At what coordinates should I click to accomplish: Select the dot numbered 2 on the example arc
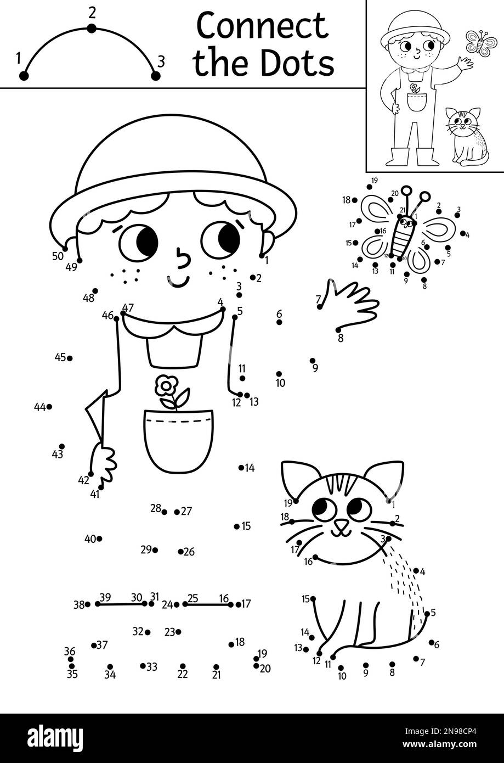tap(92, 29)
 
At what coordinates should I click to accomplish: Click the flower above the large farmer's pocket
tap(165, 386)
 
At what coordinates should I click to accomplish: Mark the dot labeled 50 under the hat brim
tap(65, 249)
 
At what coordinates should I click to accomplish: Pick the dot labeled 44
tap(49, 407)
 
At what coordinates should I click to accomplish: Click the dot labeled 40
tap(99, 538)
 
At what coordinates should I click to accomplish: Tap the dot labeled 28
tap(165, 512)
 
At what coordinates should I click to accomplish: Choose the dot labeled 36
tap(71, 659)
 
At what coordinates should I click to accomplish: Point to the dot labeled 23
tap(178, 632)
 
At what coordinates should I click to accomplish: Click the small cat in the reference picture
tap(468, 136)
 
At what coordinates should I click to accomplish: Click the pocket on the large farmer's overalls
tap(178, 439)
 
